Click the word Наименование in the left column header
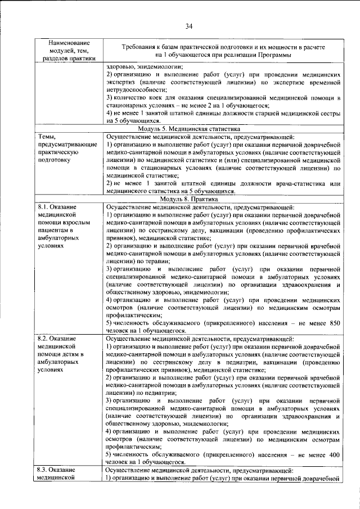click(x=67, y=43)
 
